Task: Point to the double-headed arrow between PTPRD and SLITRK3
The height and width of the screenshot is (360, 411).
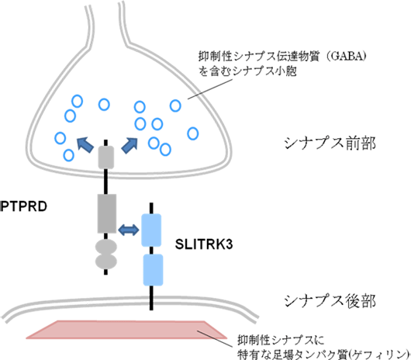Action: [127, 229]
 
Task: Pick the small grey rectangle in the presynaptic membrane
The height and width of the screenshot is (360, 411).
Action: [106, 158]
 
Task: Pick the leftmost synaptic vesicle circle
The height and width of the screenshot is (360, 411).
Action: [60, 138]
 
